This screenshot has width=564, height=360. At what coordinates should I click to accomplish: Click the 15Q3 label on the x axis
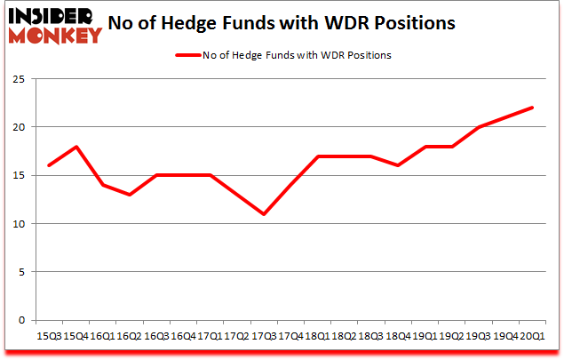[x=48, y=336]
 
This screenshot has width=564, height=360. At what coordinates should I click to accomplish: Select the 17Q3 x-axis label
[x=264, y=336]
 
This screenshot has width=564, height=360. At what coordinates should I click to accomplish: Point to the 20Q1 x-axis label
[x=533, y=336]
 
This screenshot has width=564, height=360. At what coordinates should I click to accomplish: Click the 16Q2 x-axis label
[x=129, y=336]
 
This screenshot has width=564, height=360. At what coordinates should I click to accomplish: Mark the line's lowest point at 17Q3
[x=264, y=214]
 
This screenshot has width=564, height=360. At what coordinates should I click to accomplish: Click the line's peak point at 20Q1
[x=533, y=108]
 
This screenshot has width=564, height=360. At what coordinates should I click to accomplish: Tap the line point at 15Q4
[x=75, y=147]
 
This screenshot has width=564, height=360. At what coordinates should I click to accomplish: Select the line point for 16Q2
[x=129, y=195]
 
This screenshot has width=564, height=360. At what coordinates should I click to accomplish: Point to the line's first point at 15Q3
[x=48, y=165]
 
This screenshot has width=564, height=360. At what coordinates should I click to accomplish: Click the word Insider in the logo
[x=50, y=18]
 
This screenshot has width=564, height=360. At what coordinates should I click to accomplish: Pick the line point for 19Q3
[x=480, y=127]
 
